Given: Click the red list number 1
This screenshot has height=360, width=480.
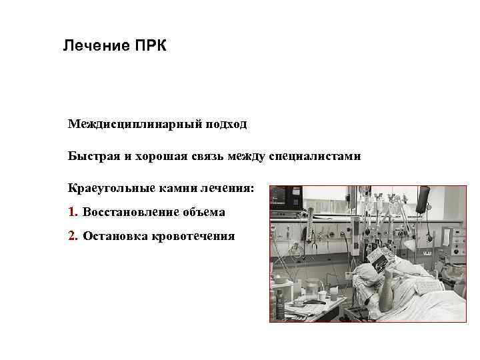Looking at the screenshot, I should point(72,212).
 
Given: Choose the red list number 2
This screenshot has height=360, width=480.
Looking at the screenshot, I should point(72,235).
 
